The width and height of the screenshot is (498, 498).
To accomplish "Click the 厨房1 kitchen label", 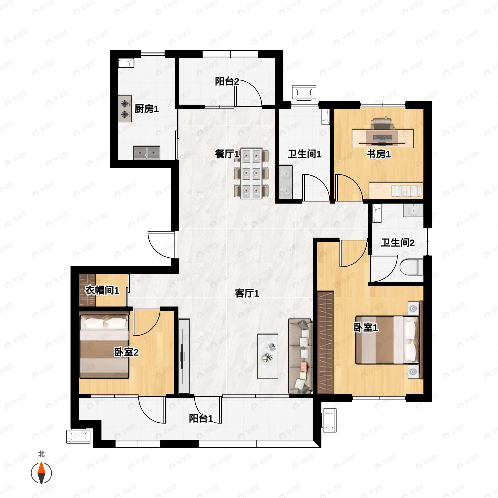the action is click(146, 109).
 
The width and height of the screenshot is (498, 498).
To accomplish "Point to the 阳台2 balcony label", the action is click(227, 82).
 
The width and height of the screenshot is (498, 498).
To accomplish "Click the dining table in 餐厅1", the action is click(251, 173).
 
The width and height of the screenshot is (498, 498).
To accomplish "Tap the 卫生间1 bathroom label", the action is click(304, 154).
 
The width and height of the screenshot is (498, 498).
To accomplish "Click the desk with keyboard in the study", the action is click(383, 138).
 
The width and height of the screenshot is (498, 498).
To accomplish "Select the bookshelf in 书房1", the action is click(396, 191).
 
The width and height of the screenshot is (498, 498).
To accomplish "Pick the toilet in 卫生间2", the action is click(412, 267).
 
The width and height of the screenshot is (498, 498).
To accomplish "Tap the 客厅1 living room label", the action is click(247, 293).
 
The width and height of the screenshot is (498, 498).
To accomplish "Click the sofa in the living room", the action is click(301, 356).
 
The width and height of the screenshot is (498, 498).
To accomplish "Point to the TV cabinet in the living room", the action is click(184, 356).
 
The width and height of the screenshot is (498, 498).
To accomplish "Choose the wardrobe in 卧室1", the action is click(326, 343).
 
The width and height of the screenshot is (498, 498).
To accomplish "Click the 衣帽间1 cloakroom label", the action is click(102, 290).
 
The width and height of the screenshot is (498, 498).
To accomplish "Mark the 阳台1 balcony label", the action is click(201, 418).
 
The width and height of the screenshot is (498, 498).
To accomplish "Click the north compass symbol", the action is click(41, 472).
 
